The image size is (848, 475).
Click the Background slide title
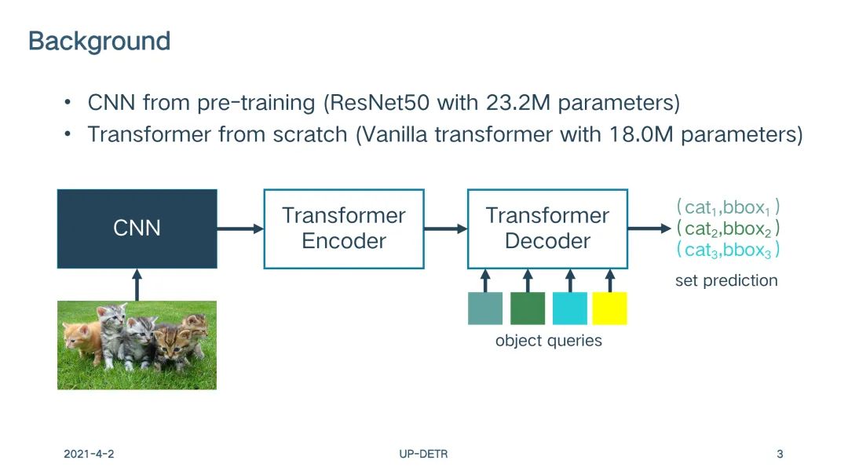(x=100, y=41)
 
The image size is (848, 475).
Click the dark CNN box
(x=137, y=228)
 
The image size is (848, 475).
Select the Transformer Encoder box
(x=344, y=228)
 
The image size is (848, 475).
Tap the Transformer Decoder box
(x=548, y=228)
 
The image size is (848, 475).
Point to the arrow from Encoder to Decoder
(x=446, y=228)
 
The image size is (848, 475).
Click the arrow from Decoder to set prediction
(x=649, y=228)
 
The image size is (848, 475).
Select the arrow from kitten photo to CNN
(x=137, y=285)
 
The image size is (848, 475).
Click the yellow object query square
(x=610, y=309)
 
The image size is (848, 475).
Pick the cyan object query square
(x=570, y=309)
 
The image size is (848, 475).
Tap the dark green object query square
(x=528, y=309)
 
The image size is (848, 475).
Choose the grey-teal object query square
(x=485, y=309)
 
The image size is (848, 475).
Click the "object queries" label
(x=548, y=341)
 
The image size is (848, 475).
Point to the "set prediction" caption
(x=726, y=281)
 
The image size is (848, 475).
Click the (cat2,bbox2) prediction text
(x=728, y=229)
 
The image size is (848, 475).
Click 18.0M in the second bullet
(x=641, y=134)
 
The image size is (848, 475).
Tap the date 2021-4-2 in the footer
(x=89, y=454)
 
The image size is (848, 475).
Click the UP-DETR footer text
(x=423, y=454)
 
